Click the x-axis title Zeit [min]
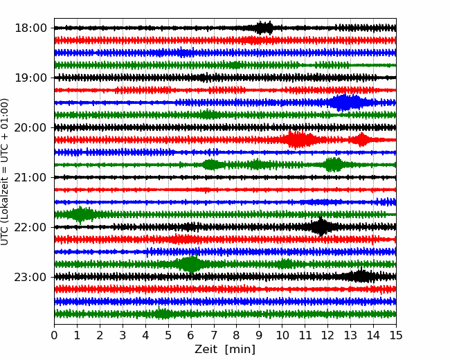(224, 350)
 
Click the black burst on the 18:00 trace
(264, 28)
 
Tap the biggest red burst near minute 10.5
(298, 140)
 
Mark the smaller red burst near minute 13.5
(361, 140)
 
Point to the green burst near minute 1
(81, 215)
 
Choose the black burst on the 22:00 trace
(321, 227)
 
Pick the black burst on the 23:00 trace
(360, 277)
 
